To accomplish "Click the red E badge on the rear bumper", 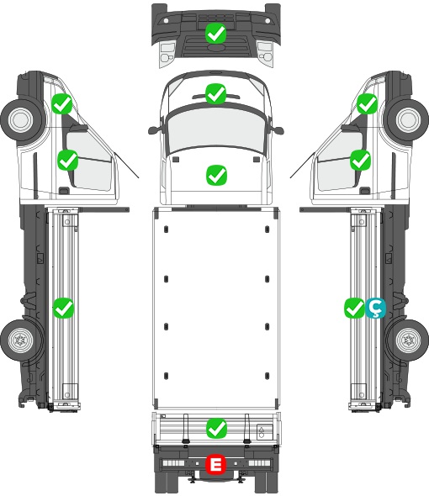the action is click(x=215, y=464).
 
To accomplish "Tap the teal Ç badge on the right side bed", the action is click(x=375, y=308).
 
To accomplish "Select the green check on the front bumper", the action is click(x=215, y=33).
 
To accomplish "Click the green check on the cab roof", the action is click(x=215, y=93).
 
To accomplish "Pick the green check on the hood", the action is click(x=216, y=175).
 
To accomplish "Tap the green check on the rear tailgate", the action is click(x=216, y=428).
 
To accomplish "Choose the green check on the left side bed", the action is click(x=63, y=308).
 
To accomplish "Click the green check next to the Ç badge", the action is click(x=355, y=308).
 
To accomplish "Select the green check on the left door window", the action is click(x=68, y=160).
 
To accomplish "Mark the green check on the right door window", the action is click(x=360, y=160).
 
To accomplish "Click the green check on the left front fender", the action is click(x=62, y=103).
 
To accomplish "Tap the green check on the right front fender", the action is click(x=368, y=103).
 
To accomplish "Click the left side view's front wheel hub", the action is click(x=20, y=119).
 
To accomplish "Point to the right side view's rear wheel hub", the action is click(x=409, y=340).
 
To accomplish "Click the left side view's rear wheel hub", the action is click(x=20, y=340).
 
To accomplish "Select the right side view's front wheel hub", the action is click(x=409, y=119).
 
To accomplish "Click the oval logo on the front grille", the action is click(x=215, y=47).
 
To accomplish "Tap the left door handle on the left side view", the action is click(x=64, y=191).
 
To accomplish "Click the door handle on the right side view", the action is click(x=365, y=191).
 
